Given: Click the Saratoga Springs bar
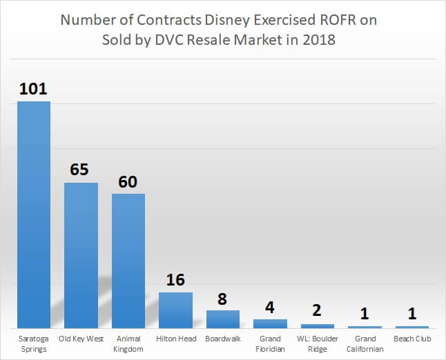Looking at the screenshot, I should [34, 214].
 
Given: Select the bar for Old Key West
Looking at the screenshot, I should [81, 255].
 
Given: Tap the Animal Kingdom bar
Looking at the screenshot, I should [128, 261].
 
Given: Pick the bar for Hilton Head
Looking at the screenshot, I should [175, 310].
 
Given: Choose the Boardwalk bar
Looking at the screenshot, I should [223, 319].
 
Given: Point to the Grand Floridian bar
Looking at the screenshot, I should [270, 323].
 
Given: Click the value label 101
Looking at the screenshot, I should [34, 89].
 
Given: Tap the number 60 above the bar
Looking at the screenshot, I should [128, 181].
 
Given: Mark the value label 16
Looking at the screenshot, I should [175, 280].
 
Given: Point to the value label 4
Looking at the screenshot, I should [270, 307].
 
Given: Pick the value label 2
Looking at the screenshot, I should [318, 311].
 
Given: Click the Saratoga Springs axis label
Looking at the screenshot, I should [34, 343].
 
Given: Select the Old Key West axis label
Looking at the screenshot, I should [81, 339].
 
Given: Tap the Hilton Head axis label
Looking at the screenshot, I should [175, 339].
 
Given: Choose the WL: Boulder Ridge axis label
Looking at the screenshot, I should [318, 343].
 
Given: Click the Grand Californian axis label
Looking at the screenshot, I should [365, 343].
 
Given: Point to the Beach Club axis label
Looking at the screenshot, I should [412, 339].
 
